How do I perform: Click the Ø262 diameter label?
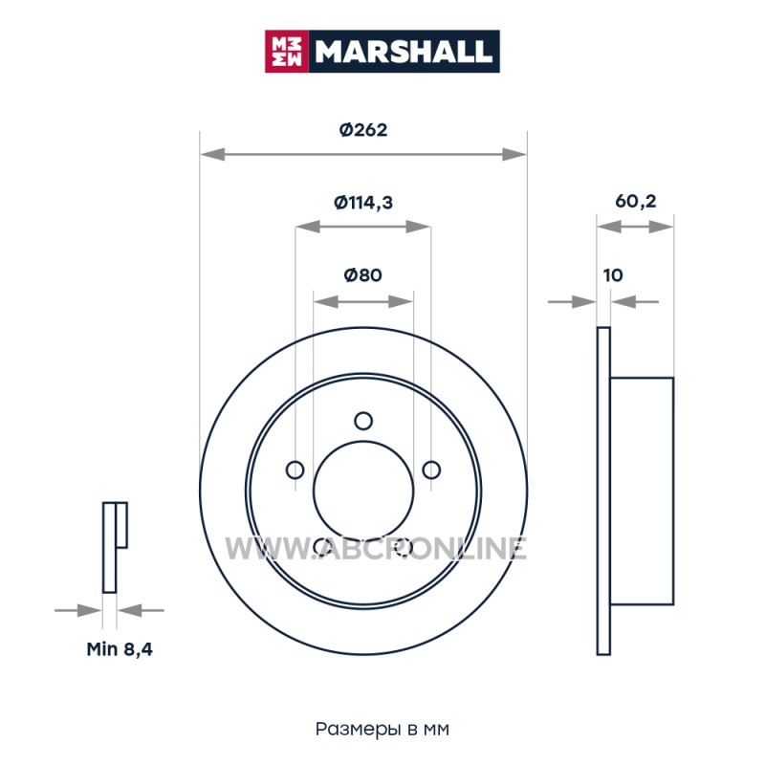(x=363, y=130)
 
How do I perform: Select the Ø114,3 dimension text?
(x=363, y=202)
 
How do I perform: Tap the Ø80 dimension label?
(x=363, y=275)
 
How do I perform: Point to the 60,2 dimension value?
(x=636, y=201)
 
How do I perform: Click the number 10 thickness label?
(x=613, y=275)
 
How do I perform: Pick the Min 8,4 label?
(x=120, y=649)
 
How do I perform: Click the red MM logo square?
(x=286, y=52)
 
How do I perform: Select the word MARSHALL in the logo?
(x=403, y=52)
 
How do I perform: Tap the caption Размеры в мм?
(x=382, y=729)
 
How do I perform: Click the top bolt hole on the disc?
(x=363, y=421)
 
